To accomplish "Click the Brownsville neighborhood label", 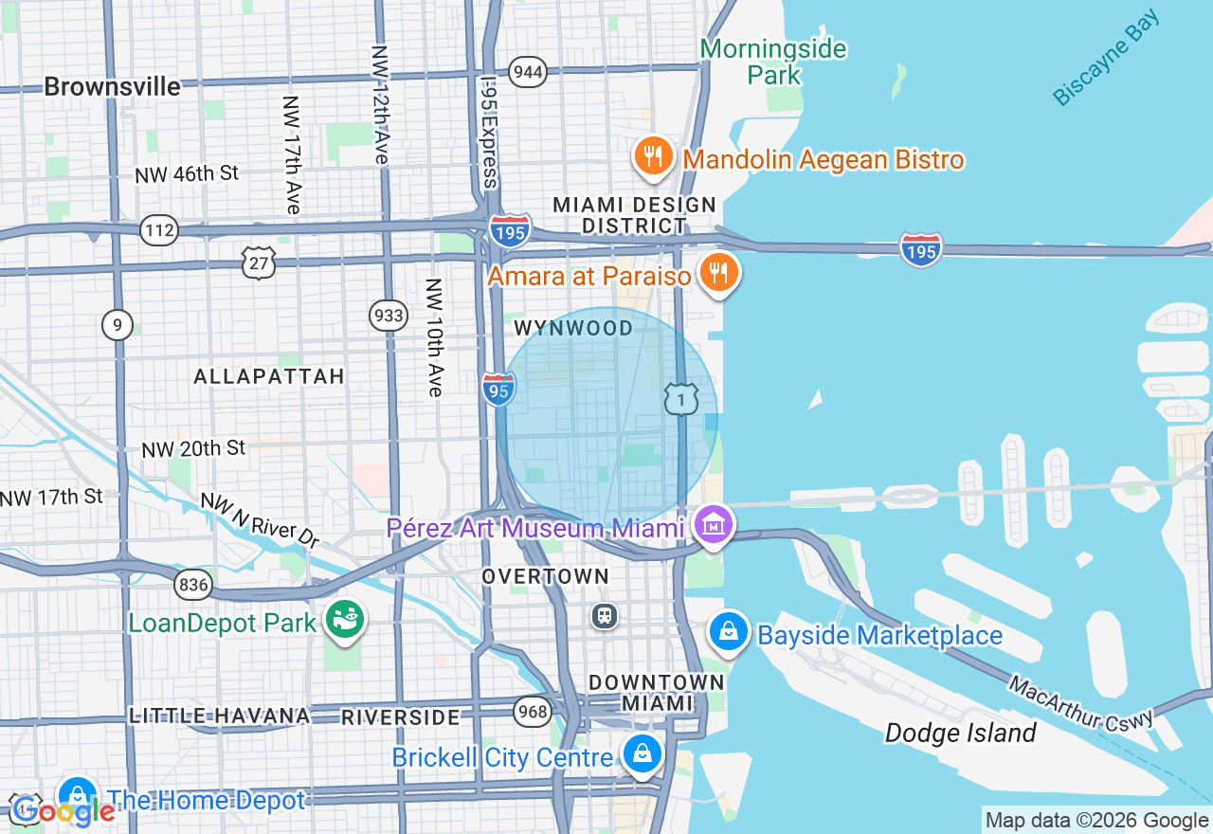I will tap(112, 87).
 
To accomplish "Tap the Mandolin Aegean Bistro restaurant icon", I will tap(653, 156).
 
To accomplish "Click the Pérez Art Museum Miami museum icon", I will tap(713, 524).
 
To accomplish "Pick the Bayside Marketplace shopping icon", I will tap(729, 632).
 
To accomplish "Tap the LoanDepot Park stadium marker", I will tap(344, 621).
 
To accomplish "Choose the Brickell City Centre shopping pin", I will tap(643, 755).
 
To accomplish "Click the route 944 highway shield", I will tap(527, 71).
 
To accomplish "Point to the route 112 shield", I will tap(158, 230).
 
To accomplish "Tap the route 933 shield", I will tap(389, 316).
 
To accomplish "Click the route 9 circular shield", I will tap(118, 326).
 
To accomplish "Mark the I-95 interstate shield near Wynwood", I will tap(498, 389).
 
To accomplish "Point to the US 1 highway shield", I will tap(680, 399).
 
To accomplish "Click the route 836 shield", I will tap(193, 586).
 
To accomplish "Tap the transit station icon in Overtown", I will tap(605, 616).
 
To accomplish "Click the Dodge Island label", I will tap(960, 733).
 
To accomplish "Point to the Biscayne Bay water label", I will tap(1106, 59).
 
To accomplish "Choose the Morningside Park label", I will tap(773, 62).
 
